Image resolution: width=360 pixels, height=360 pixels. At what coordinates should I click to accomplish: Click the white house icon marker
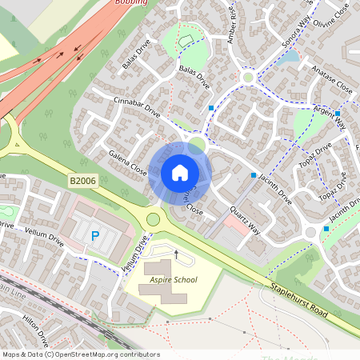point(180,173)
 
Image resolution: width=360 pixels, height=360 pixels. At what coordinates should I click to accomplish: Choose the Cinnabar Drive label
point(138,110)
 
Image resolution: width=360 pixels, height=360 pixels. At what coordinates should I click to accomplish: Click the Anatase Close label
point(327,78)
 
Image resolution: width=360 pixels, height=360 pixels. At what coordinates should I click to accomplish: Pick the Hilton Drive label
point(36,327)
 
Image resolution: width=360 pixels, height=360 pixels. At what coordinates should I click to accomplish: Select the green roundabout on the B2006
point(154,219)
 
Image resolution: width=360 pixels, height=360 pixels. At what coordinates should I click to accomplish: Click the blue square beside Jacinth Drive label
point(254,174)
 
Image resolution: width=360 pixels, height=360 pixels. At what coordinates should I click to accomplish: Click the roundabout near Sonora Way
point(249,78)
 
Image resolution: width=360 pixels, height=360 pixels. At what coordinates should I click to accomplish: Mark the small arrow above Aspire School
point(175,254)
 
